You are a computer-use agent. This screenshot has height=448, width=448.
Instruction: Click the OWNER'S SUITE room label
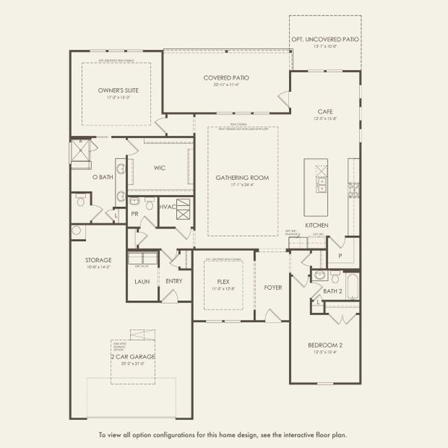coord(118,90)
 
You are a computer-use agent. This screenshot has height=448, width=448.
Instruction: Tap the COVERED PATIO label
coord(226,78)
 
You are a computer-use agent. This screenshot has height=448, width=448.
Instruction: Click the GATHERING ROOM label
coord(242,178)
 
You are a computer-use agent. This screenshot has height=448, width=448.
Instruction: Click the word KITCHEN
coord(317,225)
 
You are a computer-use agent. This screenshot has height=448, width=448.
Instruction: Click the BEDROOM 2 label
coord(326,345)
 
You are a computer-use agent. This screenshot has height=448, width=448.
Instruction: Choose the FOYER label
coord(273,287)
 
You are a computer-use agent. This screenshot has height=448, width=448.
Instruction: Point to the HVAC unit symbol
coord(183,211)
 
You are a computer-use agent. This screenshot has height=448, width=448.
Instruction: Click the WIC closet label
coord(159,168)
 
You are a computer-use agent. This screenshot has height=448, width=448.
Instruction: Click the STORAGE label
coord(98,260)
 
